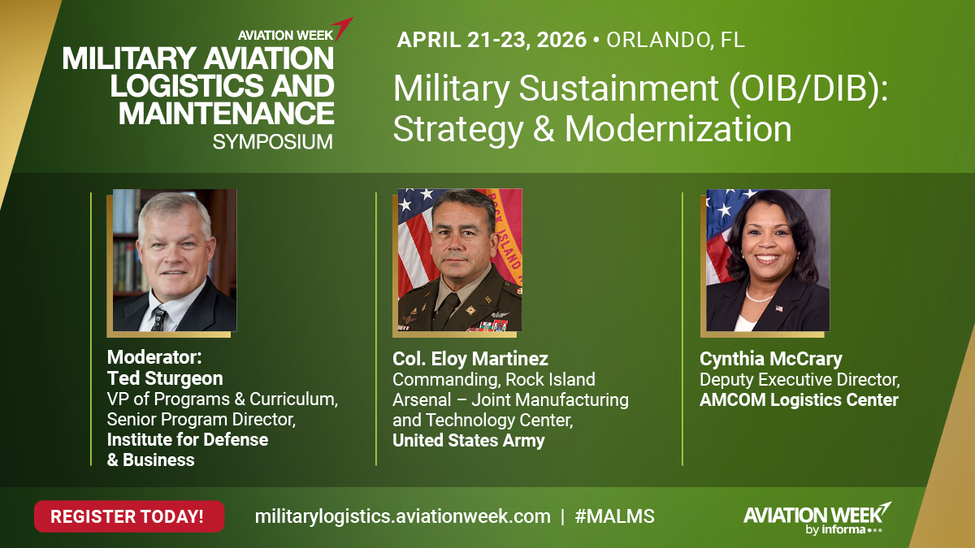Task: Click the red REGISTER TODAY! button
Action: [128, 516]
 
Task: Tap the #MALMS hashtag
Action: [615, 516]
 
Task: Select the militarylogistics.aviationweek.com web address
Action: [402, 516]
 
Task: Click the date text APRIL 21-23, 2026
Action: [492, 40]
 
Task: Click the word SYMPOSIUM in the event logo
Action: [272, 142]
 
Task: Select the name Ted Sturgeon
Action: [165, 378]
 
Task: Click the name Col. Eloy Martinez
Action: [470, 359]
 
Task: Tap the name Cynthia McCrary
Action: [771, 359]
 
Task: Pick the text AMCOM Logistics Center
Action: [799, 399]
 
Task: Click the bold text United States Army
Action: [469, 441]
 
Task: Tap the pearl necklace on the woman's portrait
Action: [759, 297]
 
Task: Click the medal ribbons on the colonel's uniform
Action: [491, 325]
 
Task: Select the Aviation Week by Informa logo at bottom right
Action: [816, 517]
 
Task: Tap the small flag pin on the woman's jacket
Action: [779, 309]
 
